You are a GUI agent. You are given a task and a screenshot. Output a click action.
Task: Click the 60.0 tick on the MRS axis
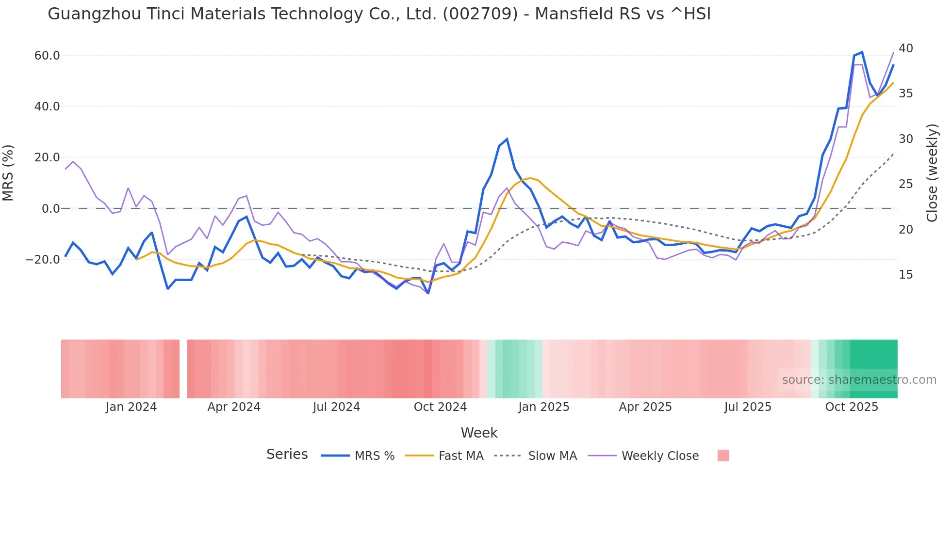click(x=47, y=56)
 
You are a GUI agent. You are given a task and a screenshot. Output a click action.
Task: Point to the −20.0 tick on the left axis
click(x=43, y=260)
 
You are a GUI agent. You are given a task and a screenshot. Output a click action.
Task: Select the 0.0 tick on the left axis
click(x=51, y=209)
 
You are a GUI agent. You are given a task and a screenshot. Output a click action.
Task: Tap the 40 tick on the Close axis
click(x=905, y=48)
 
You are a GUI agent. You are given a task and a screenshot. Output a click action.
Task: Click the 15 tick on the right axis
click(x=905, y=275)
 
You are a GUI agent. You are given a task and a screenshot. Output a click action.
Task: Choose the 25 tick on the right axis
click(x=905, y=184)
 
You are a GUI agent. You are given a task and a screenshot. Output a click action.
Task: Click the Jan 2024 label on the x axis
click(x=131, y=407)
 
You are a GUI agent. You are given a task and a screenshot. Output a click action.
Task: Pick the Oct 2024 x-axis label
click(x=440, y=407)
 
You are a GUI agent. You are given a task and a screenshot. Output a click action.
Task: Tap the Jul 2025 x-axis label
click(x=748, y=407)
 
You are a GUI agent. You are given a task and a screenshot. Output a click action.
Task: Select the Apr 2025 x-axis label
click(x=645, y=407)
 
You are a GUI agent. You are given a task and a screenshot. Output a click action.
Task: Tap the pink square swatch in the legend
click(x=723, y=455)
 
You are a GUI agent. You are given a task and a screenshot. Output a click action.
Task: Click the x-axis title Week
click(x=479, y=433)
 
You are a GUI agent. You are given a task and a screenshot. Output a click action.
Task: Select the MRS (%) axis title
click(x=8, y=173)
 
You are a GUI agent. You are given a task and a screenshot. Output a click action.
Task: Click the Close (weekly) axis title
click(x=932, y=173)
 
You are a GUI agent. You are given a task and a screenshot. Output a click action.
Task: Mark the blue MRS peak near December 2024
click(x=507, y=140)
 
